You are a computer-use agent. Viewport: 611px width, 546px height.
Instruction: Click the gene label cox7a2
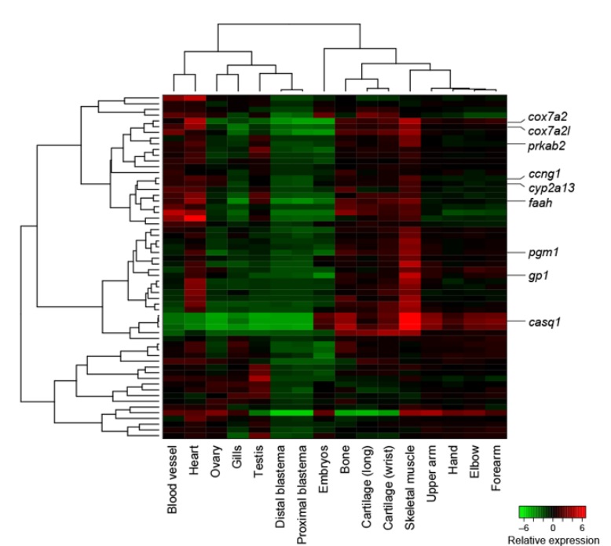coord(547,116)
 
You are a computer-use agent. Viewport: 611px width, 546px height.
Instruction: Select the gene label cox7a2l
coord(550,130)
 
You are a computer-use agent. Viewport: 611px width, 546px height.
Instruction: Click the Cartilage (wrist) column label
coord(387,487)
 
